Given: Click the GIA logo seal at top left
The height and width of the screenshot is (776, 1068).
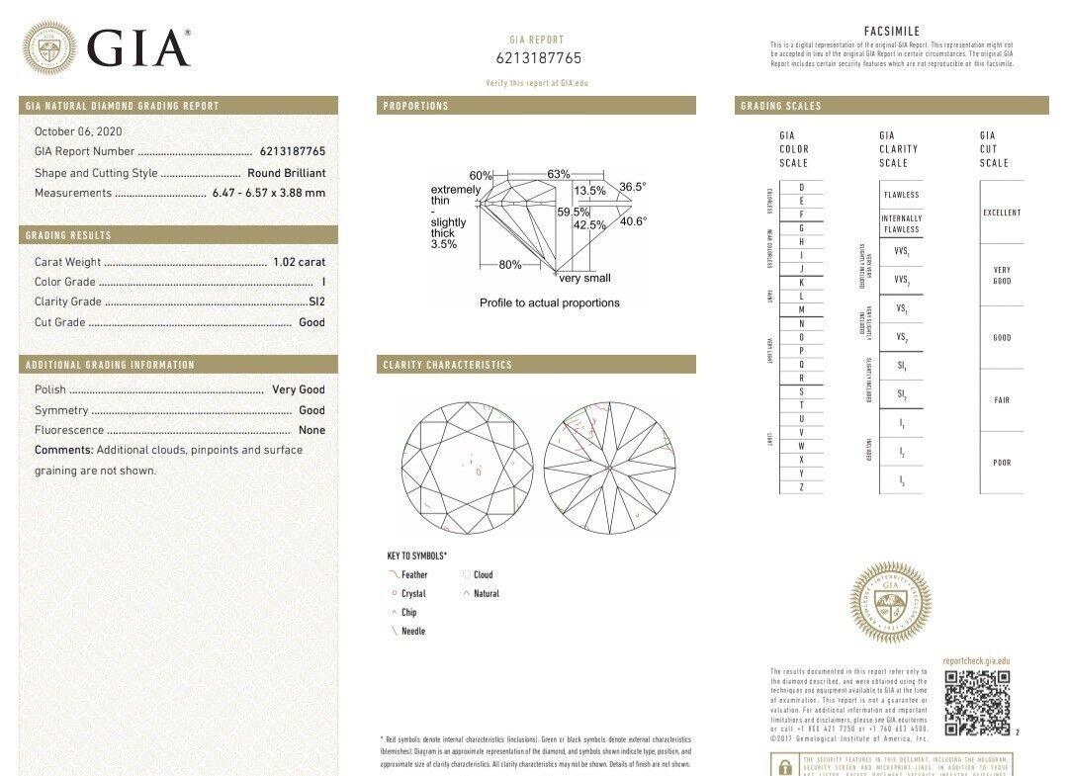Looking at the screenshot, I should tap(49, 47).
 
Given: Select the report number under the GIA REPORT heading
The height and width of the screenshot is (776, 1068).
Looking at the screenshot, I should tap(538, 59).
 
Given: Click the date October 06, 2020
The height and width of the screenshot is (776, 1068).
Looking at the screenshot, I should tap(78, 131).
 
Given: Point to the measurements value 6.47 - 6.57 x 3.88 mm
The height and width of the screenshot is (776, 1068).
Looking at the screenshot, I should tap(268, 193).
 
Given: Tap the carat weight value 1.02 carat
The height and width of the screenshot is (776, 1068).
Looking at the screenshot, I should tap(299, 262).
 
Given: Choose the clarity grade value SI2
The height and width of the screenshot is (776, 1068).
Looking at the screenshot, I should tap(316, 302).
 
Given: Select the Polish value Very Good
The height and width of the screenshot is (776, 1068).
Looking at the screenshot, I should tap(298, 389).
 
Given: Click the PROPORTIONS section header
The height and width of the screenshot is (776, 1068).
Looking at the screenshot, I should tap(416, 106).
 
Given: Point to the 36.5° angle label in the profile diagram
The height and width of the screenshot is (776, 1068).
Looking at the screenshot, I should tap(633, 187).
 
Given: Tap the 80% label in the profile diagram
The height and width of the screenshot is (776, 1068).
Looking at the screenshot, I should tap(510, 265).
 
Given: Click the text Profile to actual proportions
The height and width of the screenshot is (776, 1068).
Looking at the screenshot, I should tap(550, 302).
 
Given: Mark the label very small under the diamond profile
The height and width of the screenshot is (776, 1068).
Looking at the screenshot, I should tap(585, 279).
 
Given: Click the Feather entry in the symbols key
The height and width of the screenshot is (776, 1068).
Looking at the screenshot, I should tap(414, 574).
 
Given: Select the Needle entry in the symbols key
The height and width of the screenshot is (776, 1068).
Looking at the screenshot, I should tap(412, 631).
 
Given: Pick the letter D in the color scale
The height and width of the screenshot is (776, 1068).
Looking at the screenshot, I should tap(801, 188).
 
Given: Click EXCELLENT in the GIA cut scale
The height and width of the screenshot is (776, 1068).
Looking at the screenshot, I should tap(1002, 213).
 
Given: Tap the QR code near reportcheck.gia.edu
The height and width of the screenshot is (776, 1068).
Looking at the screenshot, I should tap(976, 702).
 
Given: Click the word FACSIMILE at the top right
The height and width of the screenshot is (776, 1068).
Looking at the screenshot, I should tap(891, 32).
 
